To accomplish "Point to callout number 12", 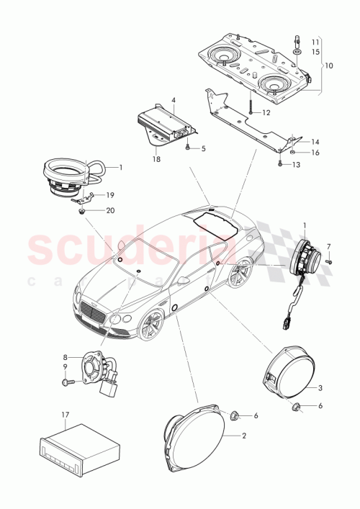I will pyautogui.click(x=266, y=113).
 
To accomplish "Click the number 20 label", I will pyautogui.click(x=111, y=210).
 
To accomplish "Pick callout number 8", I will pyautogui.click(x=65, y=357).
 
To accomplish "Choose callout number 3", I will pyautogui.click(x=321, y=388).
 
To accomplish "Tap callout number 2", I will pyautogui.click(x=245, y=436).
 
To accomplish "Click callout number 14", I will pyautogui.click(x=315, y=143).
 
